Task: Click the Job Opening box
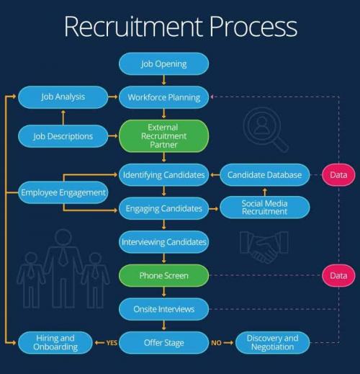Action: [163, 63]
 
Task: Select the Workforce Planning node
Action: [163, 97]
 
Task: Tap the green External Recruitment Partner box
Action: [163, 135]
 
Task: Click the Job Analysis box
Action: [63, 97]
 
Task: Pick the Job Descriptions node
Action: [63, 135]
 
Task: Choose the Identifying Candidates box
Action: [163, 174]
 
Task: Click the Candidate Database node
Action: [264, 174]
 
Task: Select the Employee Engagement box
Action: [63, 192]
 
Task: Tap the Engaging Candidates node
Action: [163, 208]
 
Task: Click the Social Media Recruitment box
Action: [264, 208]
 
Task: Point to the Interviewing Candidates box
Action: [163, 241]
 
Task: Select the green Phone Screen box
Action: [163, 275]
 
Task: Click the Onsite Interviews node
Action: [163, 309]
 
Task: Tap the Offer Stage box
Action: [163, 343]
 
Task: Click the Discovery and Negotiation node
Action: [272, 343]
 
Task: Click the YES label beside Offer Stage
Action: [112, 343]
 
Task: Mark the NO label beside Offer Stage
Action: [216, 343]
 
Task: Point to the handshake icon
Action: [264, 246]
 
